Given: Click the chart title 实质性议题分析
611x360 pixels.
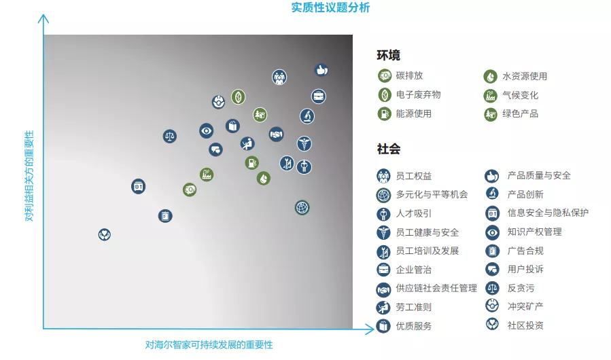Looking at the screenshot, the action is coord(330,7).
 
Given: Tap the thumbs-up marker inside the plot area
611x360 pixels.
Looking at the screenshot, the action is coord(321,70).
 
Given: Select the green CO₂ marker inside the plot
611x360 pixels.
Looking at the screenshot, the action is coord(190,190).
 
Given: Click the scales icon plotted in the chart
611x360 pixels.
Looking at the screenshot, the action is coord(169,136).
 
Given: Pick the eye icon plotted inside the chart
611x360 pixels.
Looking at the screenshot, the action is coord(206,130).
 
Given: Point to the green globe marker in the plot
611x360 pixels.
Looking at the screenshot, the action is coord(302,208).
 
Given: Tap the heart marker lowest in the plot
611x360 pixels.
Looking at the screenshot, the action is coord(105,234).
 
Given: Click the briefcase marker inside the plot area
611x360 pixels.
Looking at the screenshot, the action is coord(318,96).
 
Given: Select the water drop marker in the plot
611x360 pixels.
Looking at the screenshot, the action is coord(264,179).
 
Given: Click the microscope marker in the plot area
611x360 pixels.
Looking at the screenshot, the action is coord(307,116).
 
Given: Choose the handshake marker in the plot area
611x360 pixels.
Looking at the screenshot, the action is coord(276,134).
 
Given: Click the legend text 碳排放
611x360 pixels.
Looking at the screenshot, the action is coord(409,75).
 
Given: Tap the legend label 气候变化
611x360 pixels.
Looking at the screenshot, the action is coord(520,95).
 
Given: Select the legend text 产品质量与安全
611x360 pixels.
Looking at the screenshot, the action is coord(539,176).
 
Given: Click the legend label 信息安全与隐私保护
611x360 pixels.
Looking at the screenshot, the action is coord(548,213).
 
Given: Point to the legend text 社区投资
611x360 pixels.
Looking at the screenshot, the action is coord(525,325).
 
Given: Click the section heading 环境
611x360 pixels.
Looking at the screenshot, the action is coord(388,55).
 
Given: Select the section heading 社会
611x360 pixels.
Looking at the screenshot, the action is coord(389,149).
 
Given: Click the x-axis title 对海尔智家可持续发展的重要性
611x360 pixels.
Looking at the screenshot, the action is coord(209,345).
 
